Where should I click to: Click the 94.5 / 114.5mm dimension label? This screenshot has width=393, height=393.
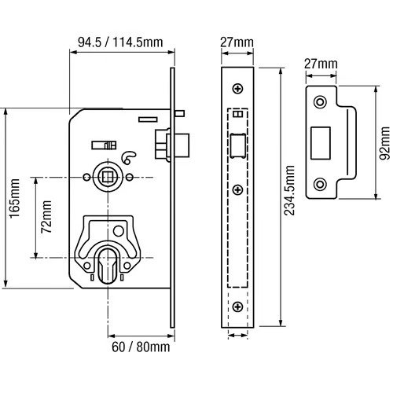coord(120,42)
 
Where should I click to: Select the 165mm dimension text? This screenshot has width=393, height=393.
coord(14,198)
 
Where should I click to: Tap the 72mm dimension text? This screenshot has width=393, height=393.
coord(46,217)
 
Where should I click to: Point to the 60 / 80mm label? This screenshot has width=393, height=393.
coord(141,347)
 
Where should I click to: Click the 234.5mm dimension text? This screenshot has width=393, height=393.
coord(289,190)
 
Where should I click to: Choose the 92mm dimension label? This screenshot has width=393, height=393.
coord(384,143)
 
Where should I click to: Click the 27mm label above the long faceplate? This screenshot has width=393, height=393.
coord(237,42)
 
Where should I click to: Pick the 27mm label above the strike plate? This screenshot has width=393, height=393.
coord(321,64)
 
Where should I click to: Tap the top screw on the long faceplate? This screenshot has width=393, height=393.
coord(237,89)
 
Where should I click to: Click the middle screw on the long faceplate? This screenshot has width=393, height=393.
coord(237,189)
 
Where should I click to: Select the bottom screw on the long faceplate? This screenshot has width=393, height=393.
coord(237,307)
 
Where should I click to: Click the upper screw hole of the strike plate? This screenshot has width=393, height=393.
coord(320,101)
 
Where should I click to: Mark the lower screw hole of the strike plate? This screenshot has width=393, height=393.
coord(320,184)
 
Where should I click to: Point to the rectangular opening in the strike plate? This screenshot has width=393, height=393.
coord(321,143)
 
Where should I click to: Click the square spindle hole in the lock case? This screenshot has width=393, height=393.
coord(107,178)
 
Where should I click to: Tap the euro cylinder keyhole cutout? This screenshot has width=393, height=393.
coord(108,265)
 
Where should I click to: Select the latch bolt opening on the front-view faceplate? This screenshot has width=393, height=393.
coord(238,145)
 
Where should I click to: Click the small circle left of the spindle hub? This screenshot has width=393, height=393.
coord(86,178)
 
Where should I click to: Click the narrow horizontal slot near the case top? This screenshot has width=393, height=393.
coord(148,119)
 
